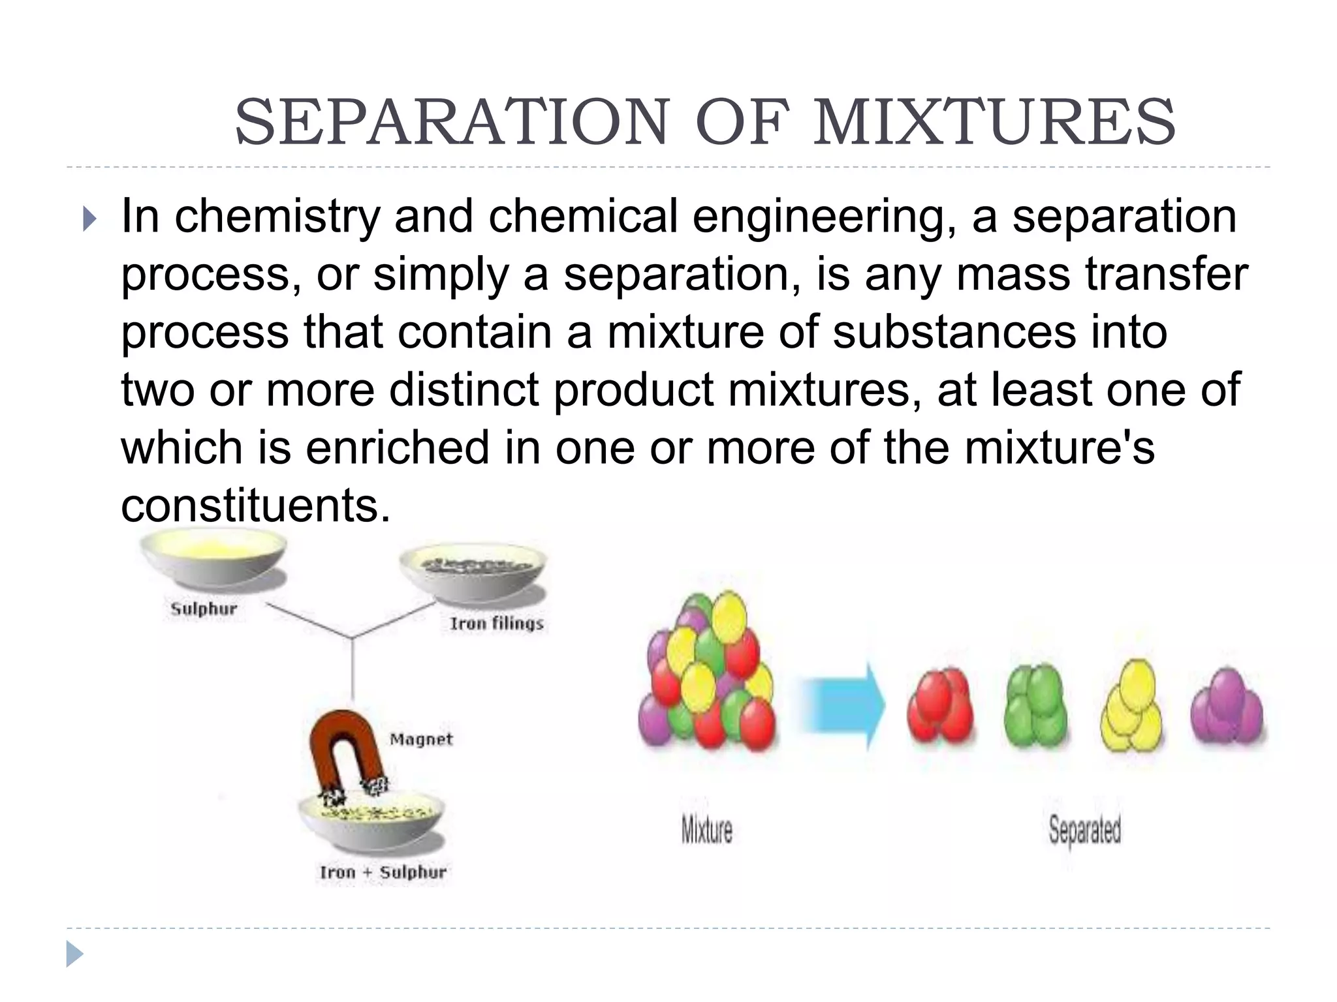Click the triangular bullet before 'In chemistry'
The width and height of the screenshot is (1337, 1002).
click(x=89, y=219)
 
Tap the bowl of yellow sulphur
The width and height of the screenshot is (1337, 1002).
click(x=213, y=558)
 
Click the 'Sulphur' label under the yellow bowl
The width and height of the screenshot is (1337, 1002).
click(x=204, y=609)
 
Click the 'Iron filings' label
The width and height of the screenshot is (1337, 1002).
click(x=497, y=624)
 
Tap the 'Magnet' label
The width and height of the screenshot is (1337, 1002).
click(x=421, y=739)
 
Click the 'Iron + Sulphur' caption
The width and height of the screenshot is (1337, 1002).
click(x=383, y=872)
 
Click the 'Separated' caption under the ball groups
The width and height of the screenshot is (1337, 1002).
click(x=1085, y=830)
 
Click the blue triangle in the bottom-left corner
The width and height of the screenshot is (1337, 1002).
click(x=74, y=954)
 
